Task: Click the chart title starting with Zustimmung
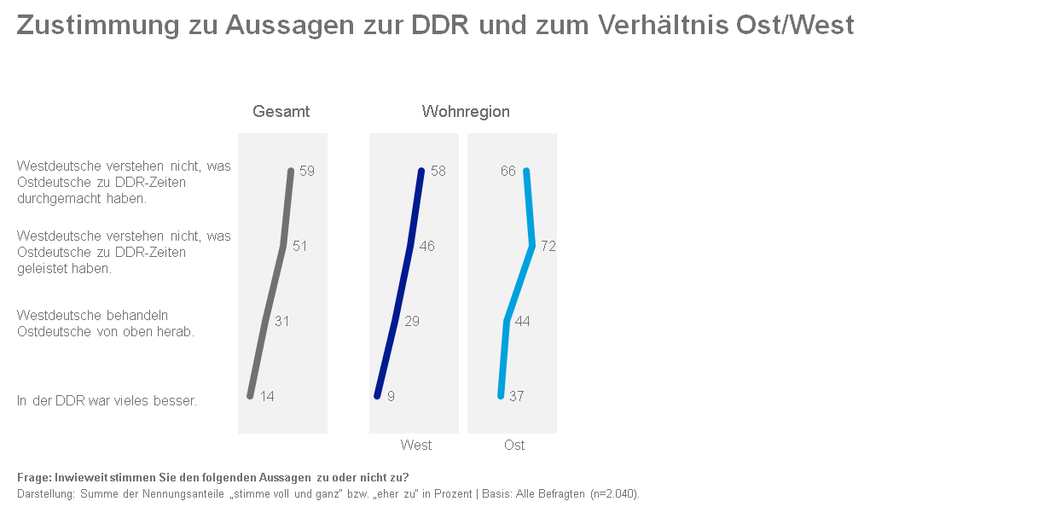435,26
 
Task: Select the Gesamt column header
281,112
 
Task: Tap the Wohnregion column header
466,112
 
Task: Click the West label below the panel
416,445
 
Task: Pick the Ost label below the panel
514,445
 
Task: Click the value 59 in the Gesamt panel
307,171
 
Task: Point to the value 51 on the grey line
299,246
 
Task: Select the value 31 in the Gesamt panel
282,321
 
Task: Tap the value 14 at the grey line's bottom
267,396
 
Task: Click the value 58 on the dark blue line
438,171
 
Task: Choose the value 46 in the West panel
427,246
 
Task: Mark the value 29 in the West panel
411,321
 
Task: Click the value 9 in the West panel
390,396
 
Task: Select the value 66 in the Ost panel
508,171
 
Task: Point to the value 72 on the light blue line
548,246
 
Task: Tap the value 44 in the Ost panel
523,321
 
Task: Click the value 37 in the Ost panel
516,396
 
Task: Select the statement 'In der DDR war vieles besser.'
107,400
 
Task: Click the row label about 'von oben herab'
106,323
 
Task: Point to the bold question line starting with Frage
212,477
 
